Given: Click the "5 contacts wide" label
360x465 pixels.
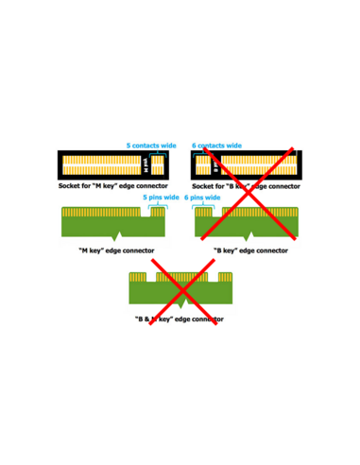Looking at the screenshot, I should coord(151,146).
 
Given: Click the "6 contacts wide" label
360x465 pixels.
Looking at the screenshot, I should coord(216,146).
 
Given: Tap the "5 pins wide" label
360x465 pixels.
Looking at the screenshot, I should coord(161,198).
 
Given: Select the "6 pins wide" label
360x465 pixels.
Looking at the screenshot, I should coord(202,198).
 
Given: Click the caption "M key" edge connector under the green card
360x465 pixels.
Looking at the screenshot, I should coord(116,250).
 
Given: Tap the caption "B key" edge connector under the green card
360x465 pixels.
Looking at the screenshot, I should coord(249,250).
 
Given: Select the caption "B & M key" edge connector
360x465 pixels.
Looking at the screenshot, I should coord(180,319).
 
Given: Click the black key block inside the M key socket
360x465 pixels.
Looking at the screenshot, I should coord(144,164).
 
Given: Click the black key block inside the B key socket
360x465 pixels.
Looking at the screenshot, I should coord(214,164).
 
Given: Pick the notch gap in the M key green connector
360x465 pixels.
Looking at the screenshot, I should coord(146,212).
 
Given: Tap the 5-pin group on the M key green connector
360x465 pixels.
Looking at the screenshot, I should coord(159,213).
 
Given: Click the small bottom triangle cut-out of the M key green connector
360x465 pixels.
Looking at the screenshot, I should coord(116,233).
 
